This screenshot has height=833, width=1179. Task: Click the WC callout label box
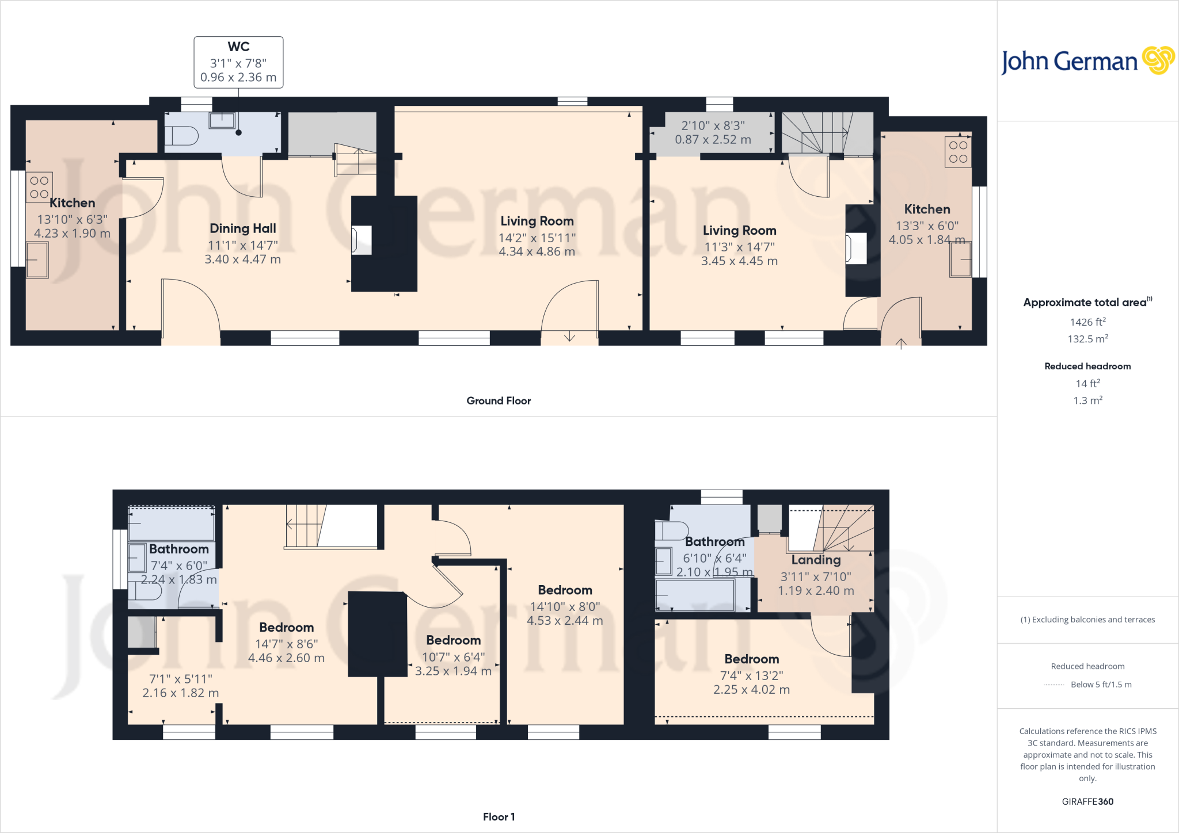(x=238, y=62)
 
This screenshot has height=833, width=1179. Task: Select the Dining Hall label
(x=242, y=228)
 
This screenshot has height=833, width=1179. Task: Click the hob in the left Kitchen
(x=39, y=188)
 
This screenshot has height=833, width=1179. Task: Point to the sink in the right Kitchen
(x=960, y=259)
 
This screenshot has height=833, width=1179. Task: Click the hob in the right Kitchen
(x=958, y=152)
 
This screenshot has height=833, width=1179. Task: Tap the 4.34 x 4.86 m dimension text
(x=537, y=251)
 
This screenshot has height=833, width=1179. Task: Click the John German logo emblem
(x=1158, y=60)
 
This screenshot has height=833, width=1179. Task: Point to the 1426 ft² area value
(x=1087, y=322)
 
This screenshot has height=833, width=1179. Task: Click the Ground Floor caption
(x=499, y=401)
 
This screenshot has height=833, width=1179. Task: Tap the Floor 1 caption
(x=499, y=817)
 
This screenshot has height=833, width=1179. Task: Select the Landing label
(x=816, y=560)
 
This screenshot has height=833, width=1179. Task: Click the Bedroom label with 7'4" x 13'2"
(x=751, y=659)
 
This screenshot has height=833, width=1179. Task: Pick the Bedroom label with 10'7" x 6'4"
(x=453, y=640)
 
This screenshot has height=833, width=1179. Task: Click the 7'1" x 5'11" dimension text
(x=180, y=679)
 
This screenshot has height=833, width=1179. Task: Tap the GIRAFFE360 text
(x=1087, y=801)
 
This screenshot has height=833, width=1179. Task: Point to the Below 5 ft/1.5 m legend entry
(x=1101, y=685)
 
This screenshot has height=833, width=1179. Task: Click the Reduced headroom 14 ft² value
(x=1087, y=384)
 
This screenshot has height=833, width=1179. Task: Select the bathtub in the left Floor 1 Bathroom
(x=172, y=524)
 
